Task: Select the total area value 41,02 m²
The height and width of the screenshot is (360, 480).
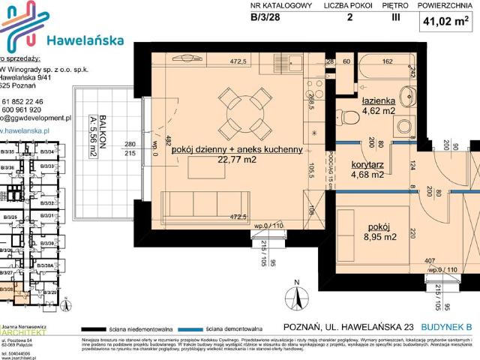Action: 448,22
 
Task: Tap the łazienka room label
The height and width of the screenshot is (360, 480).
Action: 379,100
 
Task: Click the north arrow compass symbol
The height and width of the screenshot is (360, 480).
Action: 298,297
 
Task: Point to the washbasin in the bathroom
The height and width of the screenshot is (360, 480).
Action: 409,95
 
